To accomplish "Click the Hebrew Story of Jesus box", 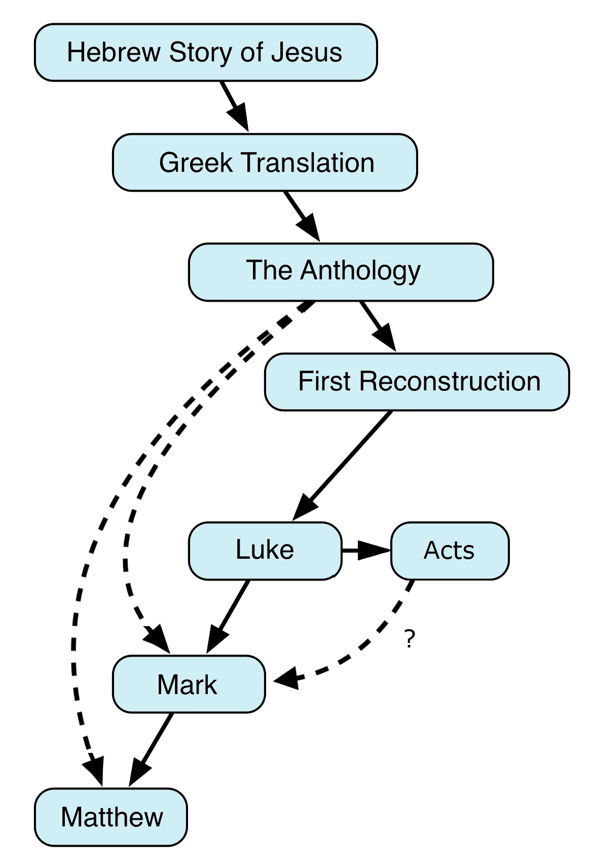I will (x=205, y=52).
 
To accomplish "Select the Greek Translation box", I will (x=265, y=163).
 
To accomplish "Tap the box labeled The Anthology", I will (x=341, y=272).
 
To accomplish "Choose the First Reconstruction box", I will (x=417, y=382).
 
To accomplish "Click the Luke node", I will (x=265, y=551).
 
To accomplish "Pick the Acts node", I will (x=450, y=551).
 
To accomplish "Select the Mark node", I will (x=189, y=684).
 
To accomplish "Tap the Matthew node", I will (x=110, y=817).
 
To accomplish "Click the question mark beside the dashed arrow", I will (x=410, y=639).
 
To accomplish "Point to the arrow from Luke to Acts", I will (x=366, y=551).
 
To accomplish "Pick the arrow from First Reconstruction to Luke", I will (x=345, y=463).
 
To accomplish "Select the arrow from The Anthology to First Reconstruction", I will (x=378, y=325).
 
